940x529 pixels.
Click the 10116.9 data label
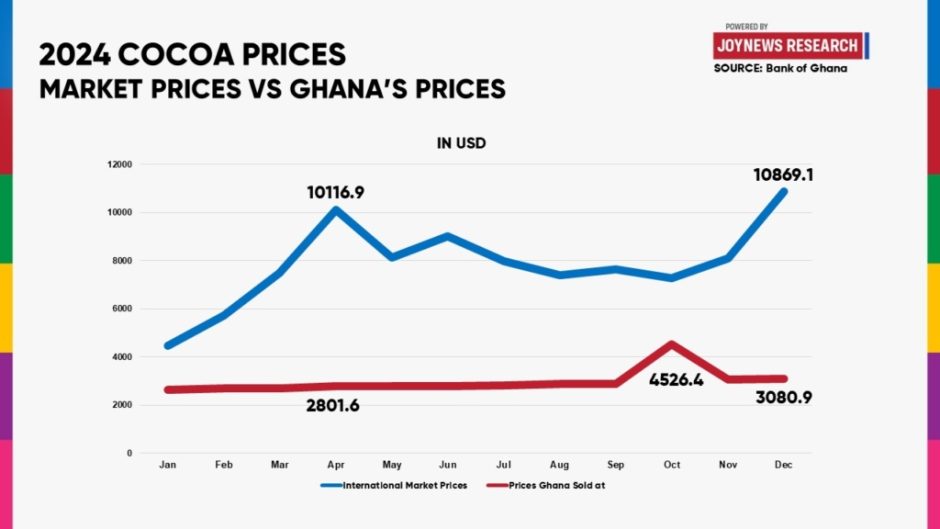point(335,191)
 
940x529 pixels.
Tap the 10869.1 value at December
point(783,174)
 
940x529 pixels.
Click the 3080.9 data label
point(784,400)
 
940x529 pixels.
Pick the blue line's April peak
point(335,210)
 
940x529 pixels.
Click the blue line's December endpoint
point(784,191)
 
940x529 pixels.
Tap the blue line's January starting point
point(167,346)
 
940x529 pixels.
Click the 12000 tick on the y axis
point(120,164)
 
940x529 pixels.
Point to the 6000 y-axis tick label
point(122,309)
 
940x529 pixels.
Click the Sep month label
point(616,466)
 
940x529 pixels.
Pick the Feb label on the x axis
point(223,466)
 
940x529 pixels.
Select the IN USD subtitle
point(461,144)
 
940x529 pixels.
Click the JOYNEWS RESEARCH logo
point(788,46)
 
